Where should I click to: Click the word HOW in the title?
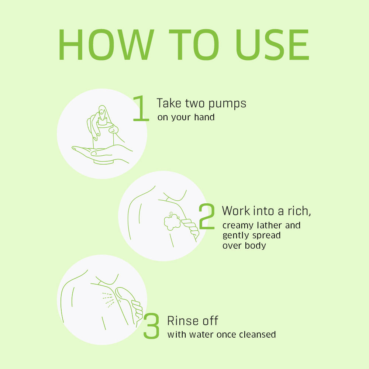coord(106,45)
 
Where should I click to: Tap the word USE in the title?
coord(272,45)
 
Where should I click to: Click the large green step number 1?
coord(141,108)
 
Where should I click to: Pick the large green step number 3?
coord(151,326)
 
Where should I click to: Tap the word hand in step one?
coord(204,117)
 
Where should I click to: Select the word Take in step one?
coord(169,103)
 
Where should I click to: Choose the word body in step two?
coord(255,245)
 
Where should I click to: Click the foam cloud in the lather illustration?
coord(172,221)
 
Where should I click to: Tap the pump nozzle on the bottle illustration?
coord(102,112)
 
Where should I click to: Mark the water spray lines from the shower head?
coord(108,300)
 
